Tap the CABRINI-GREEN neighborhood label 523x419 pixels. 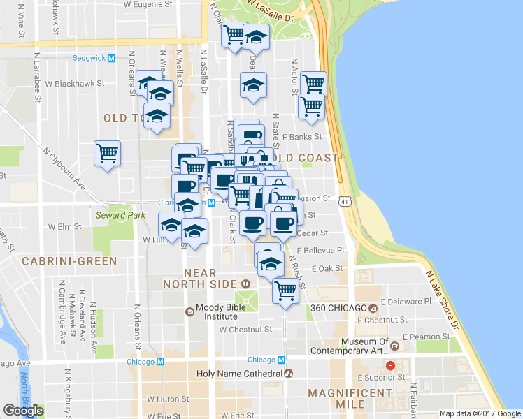(59, 261)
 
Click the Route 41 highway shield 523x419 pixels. (345, 202)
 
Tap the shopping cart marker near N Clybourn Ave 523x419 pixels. (107, 153)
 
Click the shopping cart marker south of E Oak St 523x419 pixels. (285, 289)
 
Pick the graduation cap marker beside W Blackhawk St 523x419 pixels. (159, 91)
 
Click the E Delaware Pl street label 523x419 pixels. (406, 302)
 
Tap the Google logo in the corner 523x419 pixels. (23, 411)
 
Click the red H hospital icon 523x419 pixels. (392, 365)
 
